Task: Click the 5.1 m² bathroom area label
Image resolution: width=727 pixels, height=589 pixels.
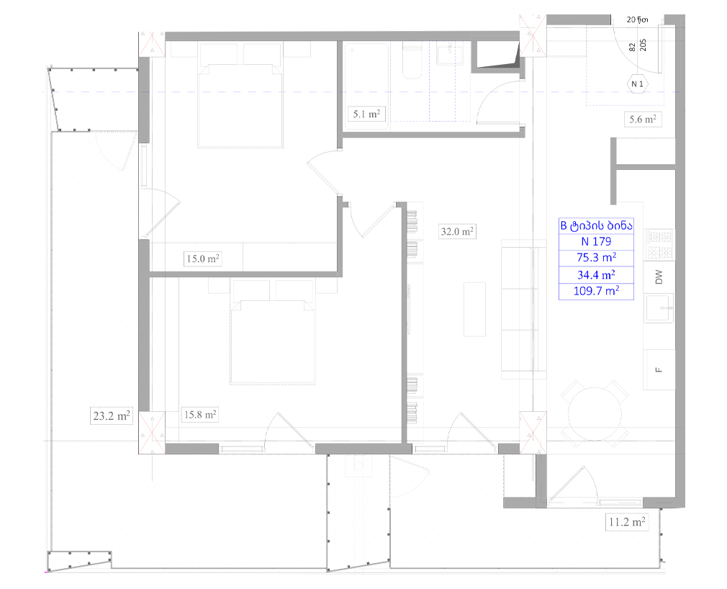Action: (x=366, y=114)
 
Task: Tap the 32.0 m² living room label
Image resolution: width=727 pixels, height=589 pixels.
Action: (x=456, y=231)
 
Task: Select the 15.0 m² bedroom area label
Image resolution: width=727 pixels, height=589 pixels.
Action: (x=202, y=258)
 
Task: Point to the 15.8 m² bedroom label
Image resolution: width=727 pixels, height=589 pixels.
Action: (x=200, y=415)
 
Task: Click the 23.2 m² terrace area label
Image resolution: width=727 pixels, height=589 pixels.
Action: (x=112, y=415)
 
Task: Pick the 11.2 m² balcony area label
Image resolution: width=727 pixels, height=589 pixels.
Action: (x=627, y=522)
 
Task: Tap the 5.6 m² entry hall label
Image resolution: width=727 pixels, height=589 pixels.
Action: (x=642, y=120)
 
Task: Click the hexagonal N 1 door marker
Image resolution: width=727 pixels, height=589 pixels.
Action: (x=638, y=84)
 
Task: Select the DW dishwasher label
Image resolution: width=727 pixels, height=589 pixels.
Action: (x=659, y=277)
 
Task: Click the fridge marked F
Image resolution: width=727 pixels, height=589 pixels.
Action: (x=659, y=369)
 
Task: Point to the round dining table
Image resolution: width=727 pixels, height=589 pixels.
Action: (x=595, y=414)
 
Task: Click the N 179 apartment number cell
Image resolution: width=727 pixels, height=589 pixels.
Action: (x=596, y=242)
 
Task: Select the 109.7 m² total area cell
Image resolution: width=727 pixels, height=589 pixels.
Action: (x=596, y=291)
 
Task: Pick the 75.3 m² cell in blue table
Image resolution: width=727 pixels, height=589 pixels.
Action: (x=596, y=258)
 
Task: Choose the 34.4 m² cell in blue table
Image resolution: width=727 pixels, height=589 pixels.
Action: (x=596, y=275)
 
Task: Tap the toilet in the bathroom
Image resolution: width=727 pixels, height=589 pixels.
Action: (x=412, y=59)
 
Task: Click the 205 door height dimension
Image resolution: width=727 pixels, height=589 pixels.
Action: (x=643, y=45)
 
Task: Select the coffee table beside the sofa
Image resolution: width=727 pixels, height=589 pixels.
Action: (x=475, y=310)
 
